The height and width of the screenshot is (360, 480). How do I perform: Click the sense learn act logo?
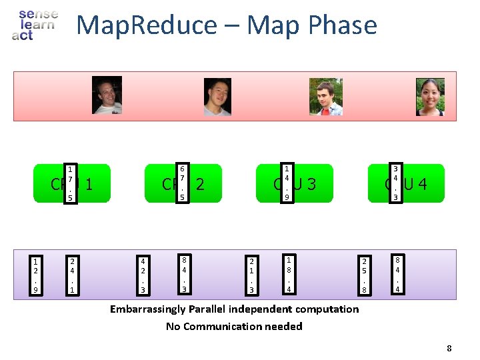[35, 25]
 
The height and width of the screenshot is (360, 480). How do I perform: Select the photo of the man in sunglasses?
[107, 95]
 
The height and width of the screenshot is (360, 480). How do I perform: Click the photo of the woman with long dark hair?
[430, 97]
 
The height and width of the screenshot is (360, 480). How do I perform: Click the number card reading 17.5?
[71, 184]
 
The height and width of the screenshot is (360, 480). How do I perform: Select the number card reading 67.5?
[182, 184]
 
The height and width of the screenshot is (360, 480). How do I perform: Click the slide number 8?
[449, 348]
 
